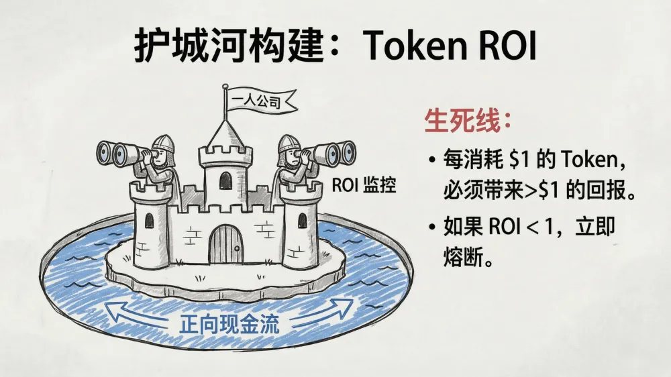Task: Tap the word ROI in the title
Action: [x=507, y=46]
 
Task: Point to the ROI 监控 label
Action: [x=364, y=186]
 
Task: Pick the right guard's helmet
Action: [x=287, y=142]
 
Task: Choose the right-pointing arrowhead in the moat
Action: [x=345, y=307]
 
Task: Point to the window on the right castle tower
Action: [x=302, y=219]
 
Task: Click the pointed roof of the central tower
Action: [x=225, y=133]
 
